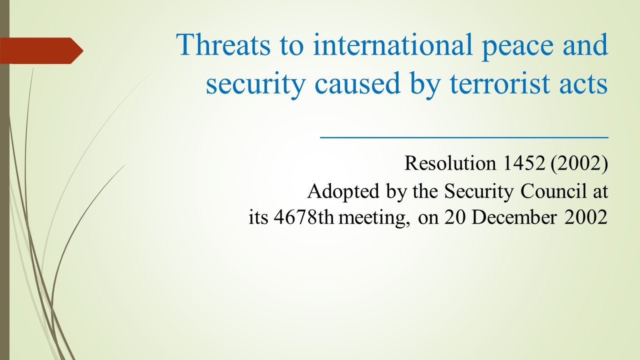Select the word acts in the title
[582, 84]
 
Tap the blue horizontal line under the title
[464, 136]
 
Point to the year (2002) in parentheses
[579, 164]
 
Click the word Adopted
[338, 191]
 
